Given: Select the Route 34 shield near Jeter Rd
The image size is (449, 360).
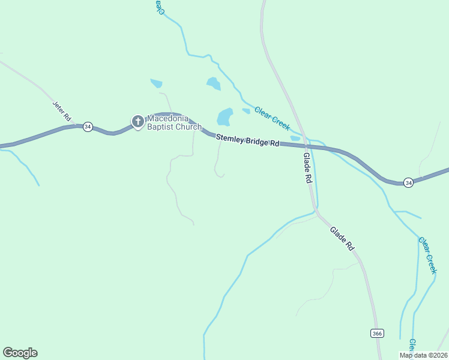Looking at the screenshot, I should click(88, 127).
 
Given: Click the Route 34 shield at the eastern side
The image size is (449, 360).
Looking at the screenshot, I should click(408, 182).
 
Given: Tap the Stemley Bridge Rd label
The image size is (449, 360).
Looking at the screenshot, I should click(248, 140).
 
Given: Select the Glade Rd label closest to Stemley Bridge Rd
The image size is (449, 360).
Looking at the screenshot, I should click(307, 168).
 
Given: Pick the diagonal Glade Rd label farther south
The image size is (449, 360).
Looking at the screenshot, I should click(342, 238).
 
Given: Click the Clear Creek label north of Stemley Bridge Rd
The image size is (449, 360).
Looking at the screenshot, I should click(272, 118).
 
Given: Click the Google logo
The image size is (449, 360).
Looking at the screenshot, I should click(20, 353).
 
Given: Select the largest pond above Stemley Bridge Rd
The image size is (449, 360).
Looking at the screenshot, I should click(224, 116).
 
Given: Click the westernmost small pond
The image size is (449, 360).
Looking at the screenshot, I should click(156, 83).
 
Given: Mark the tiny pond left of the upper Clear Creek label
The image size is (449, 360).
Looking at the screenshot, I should click(246, 110).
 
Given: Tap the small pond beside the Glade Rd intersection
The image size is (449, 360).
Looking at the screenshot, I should click(295, 138).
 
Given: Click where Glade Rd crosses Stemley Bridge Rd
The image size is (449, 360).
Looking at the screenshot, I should click(306, 146).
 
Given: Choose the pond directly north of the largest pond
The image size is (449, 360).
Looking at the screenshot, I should click(213, 83).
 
